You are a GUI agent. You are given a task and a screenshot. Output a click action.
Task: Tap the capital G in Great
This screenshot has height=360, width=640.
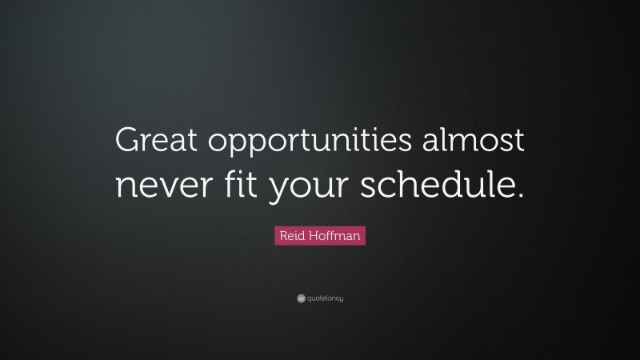tap(128, 142)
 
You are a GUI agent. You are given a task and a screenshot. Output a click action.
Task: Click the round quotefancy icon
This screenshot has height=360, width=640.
tap(301, 298)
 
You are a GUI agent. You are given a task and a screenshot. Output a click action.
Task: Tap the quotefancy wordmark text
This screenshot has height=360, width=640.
tap(325, 299)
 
